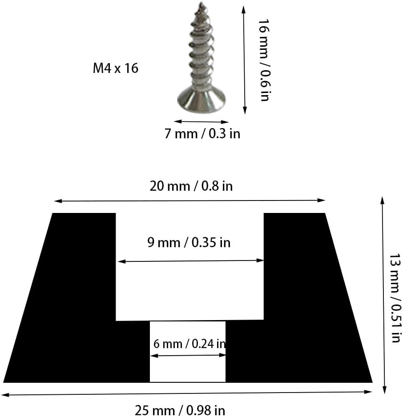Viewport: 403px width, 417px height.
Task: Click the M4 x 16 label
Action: click(x=115, y=68)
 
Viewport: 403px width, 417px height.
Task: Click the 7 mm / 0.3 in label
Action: click(x=202, y=133)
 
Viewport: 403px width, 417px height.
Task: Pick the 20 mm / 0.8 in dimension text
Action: click(x=191, y=186)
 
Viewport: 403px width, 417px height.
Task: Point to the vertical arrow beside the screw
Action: click(x=244, y=60)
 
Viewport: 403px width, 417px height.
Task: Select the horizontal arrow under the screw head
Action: click(x=201, y=121)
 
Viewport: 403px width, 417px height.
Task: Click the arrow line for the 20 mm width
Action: click(x=190, y=201)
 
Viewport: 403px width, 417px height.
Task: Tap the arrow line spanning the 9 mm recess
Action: click(x=190, y=261)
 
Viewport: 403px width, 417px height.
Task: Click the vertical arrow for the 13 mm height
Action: click(x=382, y=293)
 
